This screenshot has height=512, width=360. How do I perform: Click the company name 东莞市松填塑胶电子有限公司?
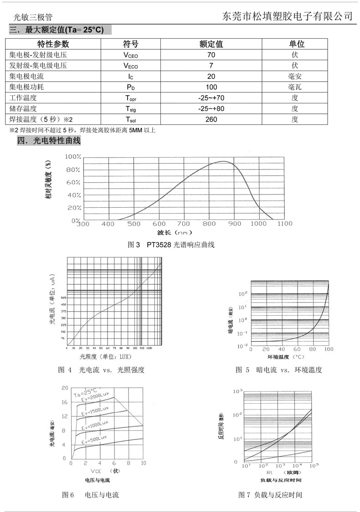287,16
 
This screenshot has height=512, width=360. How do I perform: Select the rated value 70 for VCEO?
211,55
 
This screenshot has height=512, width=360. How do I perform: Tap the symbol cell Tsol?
130,120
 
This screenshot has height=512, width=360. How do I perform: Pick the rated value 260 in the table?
211,119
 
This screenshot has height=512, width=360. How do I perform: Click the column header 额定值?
211,44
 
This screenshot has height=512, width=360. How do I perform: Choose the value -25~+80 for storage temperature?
211,109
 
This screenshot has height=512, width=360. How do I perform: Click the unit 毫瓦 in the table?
295,87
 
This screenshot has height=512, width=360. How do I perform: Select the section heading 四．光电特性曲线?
49,141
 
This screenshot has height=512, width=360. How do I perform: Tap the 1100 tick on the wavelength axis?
284,224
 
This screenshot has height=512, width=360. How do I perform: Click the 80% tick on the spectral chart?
73,170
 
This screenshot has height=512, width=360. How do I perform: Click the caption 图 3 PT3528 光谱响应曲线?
171,245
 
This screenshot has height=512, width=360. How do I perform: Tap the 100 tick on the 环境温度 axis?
328,349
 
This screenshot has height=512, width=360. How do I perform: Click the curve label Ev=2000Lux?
97,397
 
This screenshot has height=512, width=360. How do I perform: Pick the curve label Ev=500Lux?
95,440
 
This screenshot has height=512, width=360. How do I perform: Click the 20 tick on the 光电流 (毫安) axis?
64,388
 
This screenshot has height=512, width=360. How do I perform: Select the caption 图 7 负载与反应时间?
270,495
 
